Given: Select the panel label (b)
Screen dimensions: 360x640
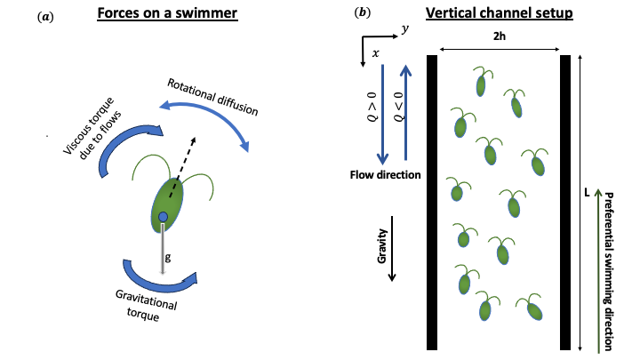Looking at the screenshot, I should tap(363, 13).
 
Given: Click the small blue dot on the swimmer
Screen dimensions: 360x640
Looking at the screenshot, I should tap(163, 218).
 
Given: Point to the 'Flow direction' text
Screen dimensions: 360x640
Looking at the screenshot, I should tap(384, 175).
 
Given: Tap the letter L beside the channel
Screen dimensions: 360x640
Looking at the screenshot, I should tap(589, 189).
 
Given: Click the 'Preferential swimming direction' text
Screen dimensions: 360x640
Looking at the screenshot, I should tap(612, 267).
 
